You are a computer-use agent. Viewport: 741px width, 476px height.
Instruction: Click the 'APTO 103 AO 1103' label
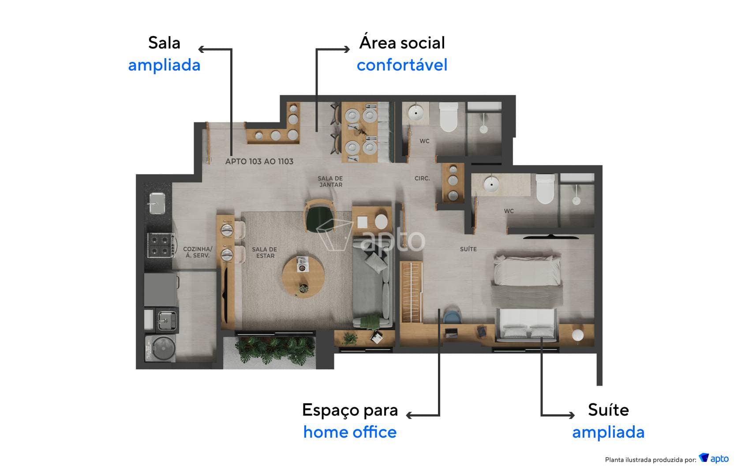pyautogui.click(x=259, y=161)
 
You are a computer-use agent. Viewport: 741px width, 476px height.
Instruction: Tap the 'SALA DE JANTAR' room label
pyautogui.click(x=330, y=182)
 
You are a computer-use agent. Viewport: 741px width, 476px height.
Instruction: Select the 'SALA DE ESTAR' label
pyautogui.click(x=264, y=253)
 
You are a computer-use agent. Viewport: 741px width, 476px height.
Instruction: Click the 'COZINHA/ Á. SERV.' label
pyautogui.click(x=198, y=252)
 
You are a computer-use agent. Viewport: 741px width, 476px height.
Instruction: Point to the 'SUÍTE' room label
pyautogui.click(x=468, y=249)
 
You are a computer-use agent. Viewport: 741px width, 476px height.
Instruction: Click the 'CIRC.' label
pyautogui.click(x=422, y=178)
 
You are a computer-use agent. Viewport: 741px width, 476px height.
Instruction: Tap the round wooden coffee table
pyautogui.click(x=303, y=276)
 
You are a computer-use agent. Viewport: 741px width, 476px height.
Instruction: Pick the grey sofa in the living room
pyautogui.click(x=373, y=282)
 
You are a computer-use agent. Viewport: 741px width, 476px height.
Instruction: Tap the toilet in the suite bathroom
pyautogui.click(x=545, y=189)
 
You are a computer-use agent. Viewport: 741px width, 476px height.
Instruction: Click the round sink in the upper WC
pyautogui.click(x=415, y=113)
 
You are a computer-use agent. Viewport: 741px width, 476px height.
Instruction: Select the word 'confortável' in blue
pyautogui.click(x=402, y=65)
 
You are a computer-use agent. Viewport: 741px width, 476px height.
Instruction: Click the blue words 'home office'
pyautogui.click(x=350, y=432)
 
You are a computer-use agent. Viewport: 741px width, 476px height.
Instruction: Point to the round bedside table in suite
pyautogui.click(x=577, y=335)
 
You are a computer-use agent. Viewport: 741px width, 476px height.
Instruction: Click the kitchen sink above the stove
pyautogui.click(x=156, y=203)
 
